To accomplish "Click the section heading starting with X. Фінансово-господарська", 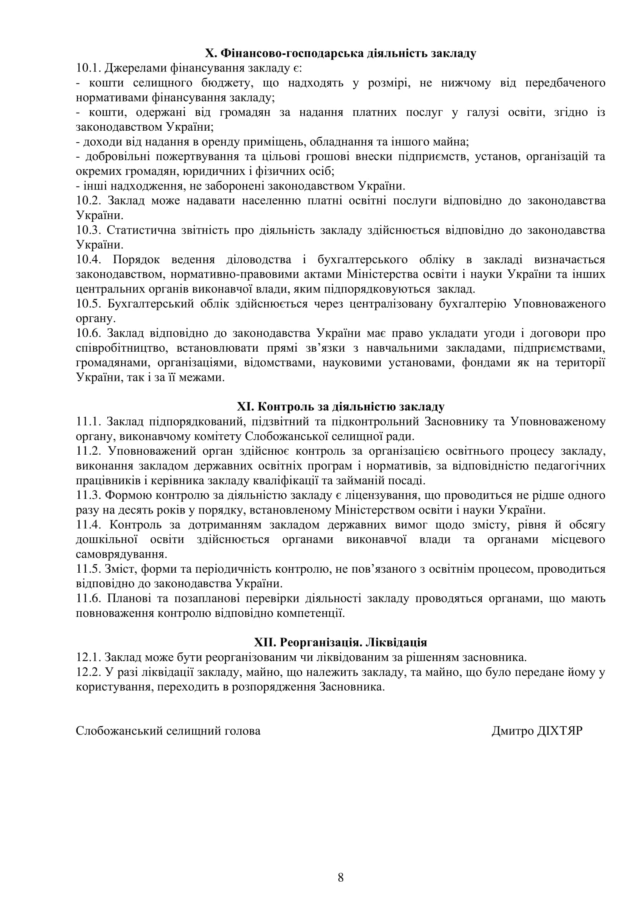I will click(x=341, y=53).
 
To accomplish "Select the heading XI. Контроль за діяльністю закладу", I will click(x=341, y=407).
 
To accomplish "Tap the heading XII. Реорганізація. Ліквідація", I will click(x=341, y=643).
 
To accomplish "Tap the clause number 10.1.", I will click(x=88, y=68).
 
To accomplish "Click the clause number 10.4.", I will click(x=88, y=259).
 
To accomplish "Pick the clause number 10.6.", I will click(x=88, y=333).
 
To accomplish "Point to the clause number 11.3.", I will click(x=88, y=495).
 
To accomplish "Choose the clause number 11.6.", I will click(x=88, y=598).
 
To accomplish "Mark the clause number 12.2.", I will click(x=88, y=672).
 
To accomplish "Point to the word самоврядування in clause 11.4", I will click(x=122, y=555).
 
